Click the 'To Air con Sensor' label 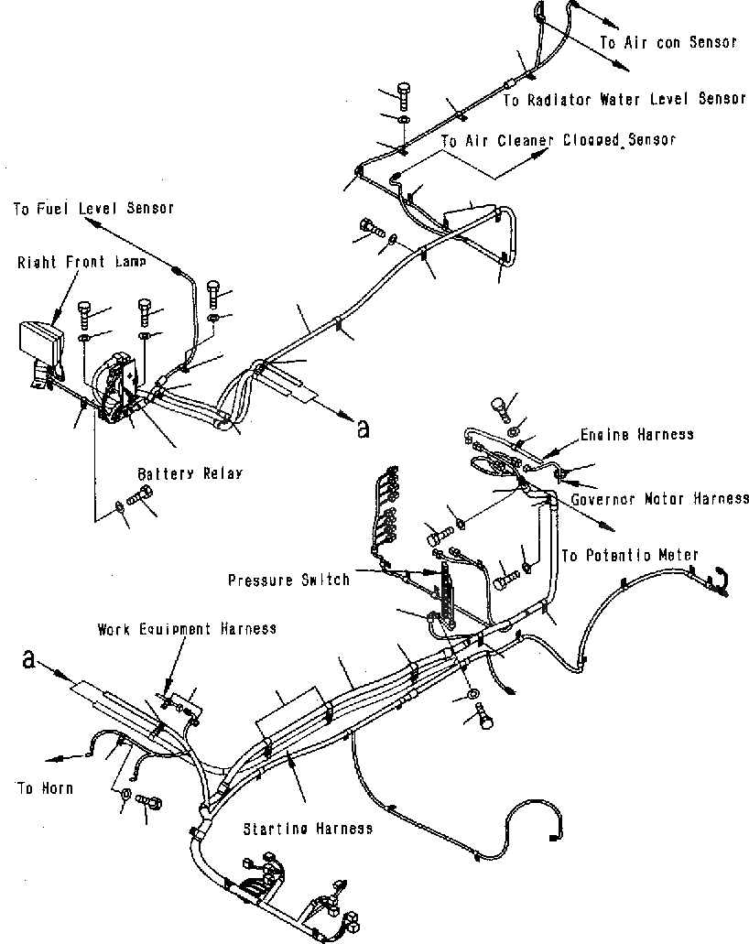tap(668, 42)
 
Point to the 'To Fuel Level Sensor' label tap(93, 209)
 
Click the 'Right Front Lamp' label tap(80, 262)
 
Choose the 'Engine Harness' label tap(636, 435)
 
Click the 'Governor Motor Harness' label tap(659, 499)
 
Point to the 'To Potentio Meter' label tap(629, 555)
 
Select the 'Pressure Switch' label tap(288, 580)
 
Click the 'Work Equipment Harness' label tap(187, 629)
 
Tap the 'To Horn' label tap(44, 787)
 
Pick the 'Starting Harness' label tap(307, 829)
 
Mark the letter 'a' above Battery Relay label tap(364, 428)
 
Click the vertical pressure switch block tap(448, 594)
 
